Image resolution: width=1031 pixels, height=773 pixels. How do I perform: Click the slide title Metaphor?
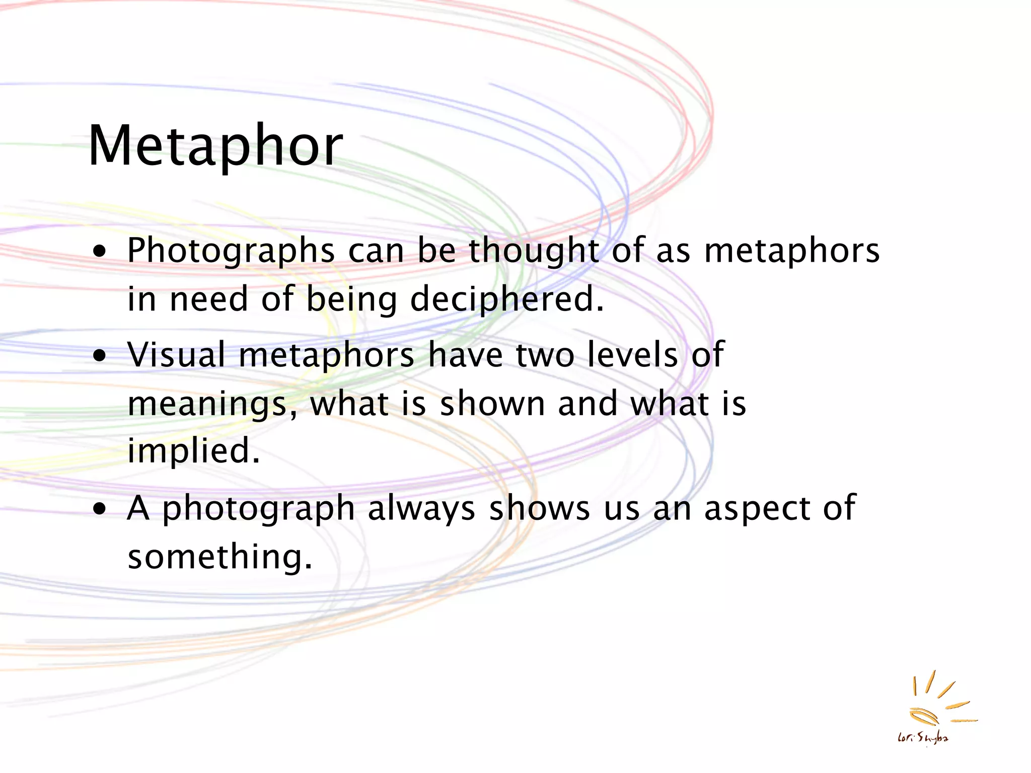(215, 146)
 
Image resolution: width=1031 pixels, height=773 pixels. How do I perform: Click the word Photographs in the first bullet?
(231, 251)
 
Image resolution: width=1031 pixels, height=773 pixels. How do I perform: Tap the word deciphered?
(506, 299)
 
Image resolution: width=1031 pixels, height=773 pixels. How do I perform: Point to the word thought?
(534, 251)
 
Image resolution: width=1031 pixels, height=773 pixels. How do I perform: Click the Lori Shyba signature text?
(923, 738)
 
